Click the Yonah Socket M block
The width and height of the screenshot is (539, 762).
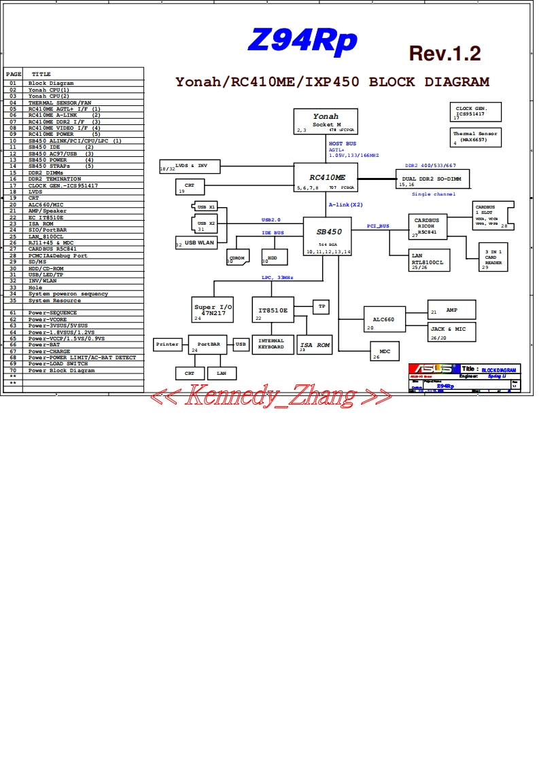coord(326,121)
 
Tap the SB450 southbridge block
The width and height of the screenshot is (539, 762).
coord(328,236)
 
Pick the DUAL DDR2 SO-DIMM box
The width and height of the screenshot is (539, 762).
coord(432,179)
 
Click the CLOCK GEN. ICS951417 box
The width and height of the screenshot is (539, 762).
coord(476,112)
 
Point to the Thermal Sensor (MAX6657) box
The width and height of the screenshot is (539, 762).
coord(476,137)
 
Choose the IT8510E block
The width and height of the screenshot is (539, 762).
coord(273,310)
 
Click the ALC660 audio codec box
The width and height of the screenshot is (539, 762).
coord(384,319)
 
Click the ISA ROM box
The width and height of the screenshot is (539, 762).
coord(315,346)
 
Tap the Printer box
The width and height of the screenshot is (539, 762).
coord(168,344)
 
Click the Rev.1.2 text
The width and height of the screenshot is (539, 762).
coord(445,54)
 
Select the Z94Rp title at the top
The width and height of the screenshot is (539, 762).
coord(302,41)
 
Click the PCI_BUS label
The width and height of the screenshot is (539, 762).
coord(378,225)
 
